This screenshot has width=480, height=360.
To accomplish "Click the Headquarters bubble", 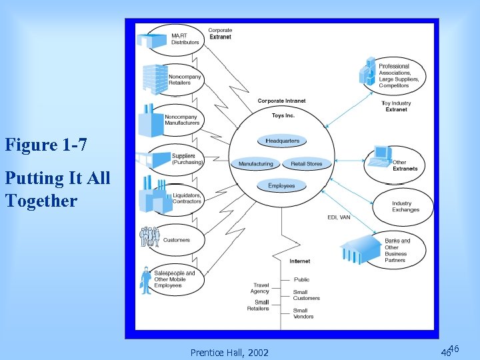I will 283,141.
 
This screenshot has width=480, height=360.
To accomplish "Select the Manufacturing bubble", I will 256,163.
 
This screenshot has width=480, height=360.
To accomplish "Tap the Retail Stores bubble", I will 307,163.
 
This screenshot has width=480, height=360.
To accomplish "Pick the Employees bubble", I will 281,185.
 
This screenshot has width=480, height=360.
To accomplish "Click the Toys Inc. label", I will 283,116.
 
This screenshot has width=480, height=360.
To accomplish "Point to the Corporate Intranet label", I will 282,101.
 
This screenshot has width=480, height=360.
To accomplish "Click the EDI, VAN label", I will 339,217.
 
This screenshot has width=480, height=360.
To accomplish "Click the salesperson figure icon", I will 146,280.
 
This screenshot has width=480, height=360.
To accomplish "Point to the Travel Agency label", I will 260,288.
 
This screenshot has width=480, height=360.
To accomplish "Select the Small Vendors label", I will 301,313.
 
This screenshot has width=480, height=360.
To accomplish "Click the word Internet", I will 299,261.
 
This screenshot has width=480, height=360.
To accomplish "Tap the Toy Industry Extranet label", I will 396,106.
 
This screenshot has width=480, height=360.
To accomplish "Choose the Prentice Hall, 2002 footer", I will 229,352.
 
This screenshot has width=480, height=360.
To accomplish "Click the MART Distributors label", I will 185,39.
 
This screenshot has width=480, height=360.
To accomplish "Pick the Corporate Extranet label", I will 220,33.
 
